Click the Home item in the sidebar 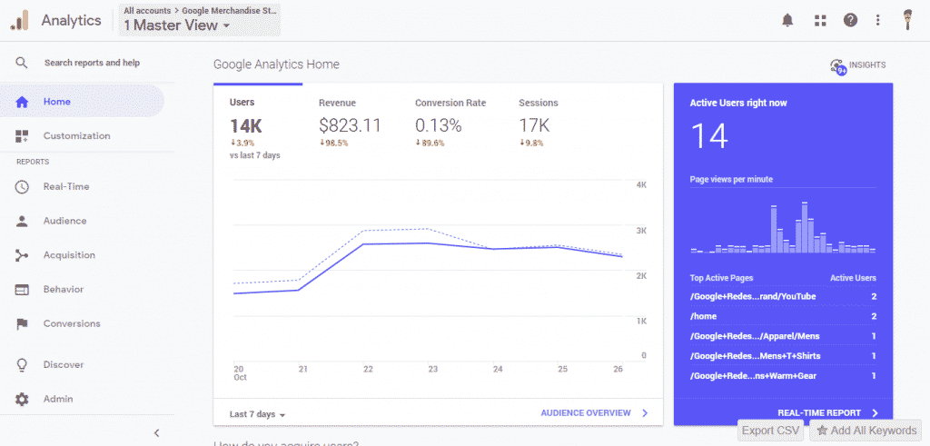pyautogui.click(x=56, y=102)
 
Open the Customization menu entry pyautogui.click(x=76, y=136)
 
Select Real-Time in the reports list pyautogui.click(x=65, y=186)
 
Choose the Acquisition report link pyautogui.click(x=69, y=255)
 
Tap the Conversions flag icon pyautogui.click(x=23, y=324)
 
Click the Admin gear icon pyautogui.click(x=23, y=400)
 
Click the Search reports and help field pyautogui.click(x=92, y=64)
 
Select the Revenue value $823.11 pyautogui.click(x=350, y=125)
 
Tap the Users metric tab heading pyautogui.click(x=242, y=103)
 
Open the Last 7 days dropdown pyautogui.click(x=258, y=414)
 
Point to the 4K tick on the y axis pyautogui.click(x=640, y=185)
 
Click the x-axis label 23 pyautogui.click(x=433, y=370)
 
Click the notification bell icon pyautogui.click(x=787, y=20)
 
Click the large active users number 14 pyautogui.click(x=710, y=136)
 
